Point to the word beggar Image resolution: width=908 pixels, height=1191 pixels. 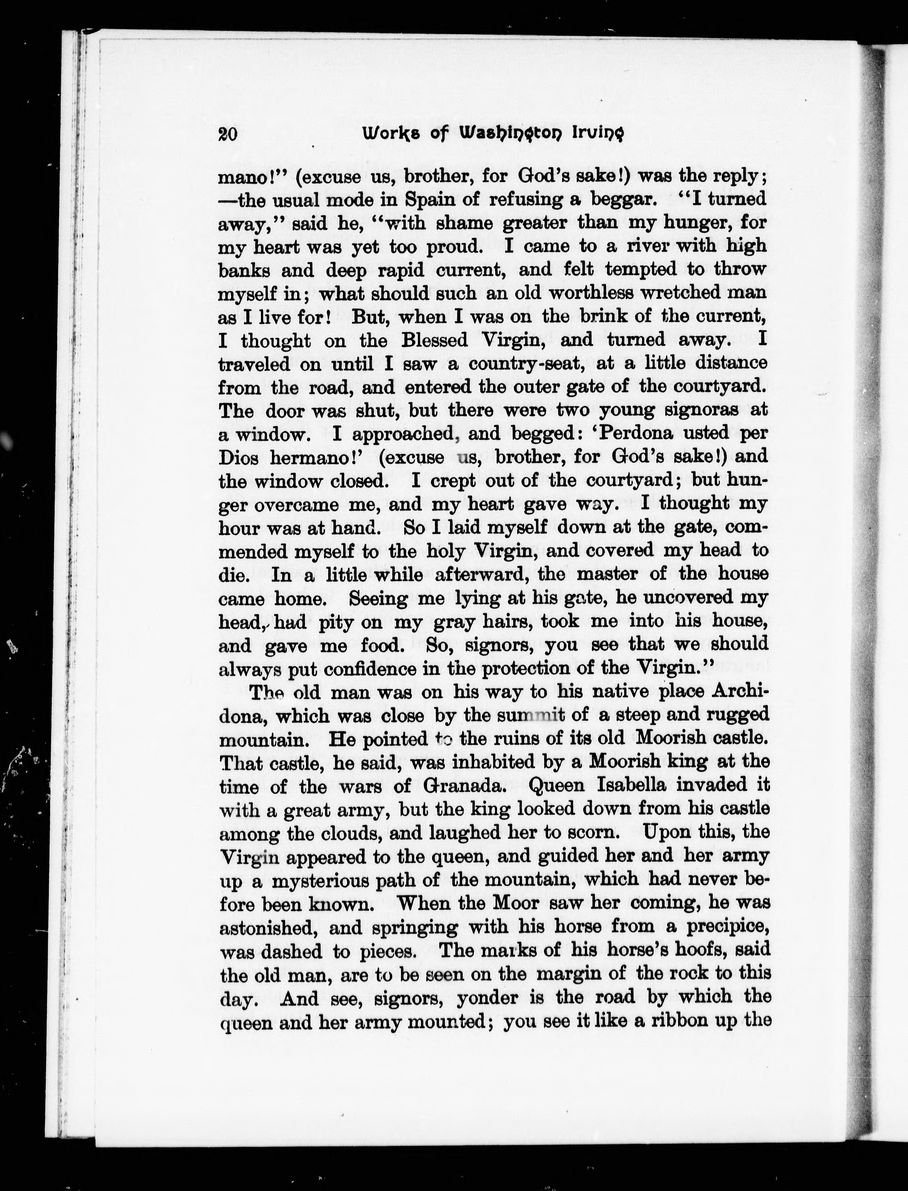620,199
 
